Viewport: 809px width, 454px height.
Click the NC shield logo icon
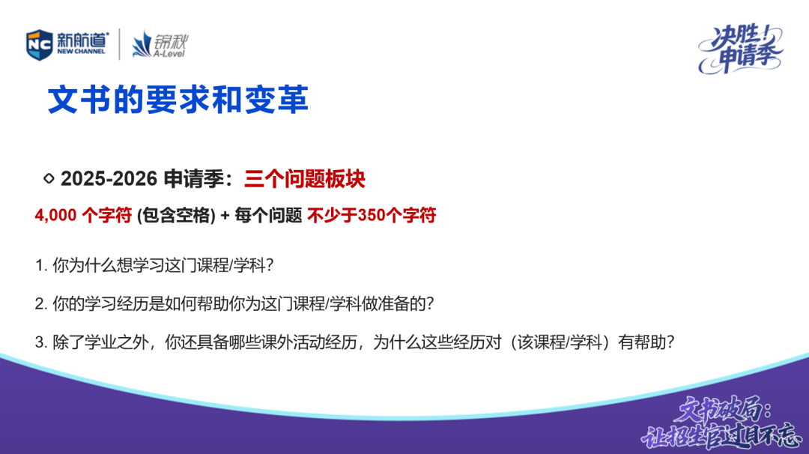pos(39,45)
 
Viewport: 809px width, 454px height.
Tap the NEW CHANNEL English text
pos(81,52)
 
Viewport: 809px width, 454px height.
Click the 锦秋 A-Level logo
pos(160,44)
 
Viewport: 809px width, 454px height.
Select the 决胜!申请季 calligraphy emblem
pos(740,49)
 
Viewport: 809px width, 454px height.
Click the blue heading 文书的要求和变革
pos(178,100)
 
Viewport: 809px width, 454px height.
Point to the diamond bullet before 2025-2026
pos(49,178)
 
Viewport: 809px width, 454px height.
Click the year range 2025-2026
pos(109,178)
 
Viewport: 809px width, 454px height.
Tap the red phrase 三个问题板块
pos(304,179)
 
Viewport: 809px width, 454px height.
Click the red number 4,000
pos(55,215)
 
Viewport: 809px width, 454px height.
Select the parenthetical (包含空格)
pos(176,215)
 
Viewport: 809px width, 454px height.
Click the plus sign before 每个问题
pos(225,216)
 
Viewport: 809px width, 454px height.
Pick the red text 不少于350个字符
pos(372,215)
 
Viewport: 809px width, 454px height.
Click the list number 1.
pos(40,266)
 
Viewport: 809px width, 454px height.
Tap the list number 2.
pos(40,304)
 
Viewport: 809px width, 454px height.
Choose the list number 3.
pos(40,342)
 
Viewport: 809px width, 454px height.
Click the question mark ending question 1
pos(270,266)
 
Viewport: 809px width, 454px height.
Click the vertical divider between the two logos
pos(120,44)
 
